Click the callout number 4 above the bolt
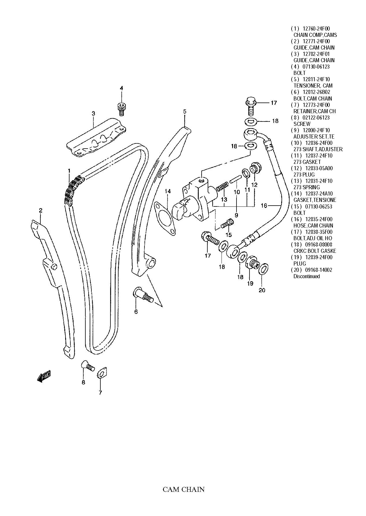[121, 88]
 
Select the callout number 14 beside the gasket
[168, 191]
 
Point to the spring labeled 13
[222, 187]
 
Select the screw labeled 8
[88, 366]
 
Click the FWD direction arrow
[44, 377]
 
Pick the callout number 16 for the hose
[264, 205]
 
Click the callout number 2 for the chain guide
[41, 210]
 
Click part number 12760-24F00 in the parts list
[316, 29]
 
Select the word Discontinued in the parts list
[306, 276]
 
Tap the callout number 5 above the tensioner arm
[185, 111]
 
